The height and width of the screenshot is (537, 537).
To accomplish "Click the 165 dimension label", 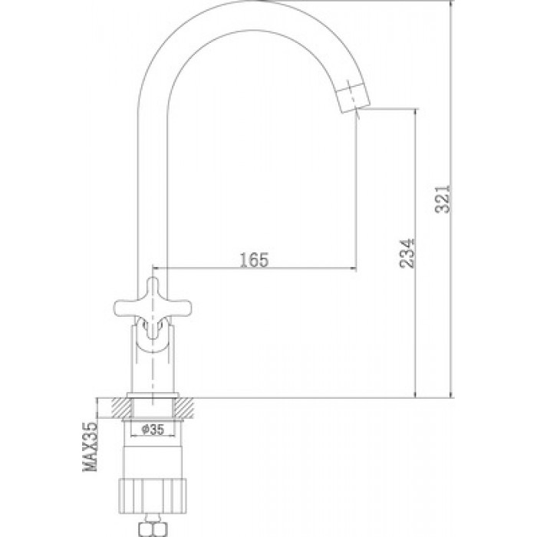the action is pos(254,259).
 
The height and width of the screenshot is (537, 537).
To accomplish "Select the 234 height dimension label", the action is pos(407,253).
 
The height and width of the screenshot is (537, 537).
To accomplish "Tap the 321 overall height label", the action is pos(443,199).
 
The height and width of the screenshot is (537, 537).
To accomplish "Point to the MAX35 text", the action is pos(91,446).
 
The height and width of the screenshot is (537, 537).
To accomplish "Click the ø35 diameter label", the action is pos(153,429).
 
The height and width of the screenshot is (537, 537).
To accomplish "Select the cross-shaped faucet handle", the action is pos(152,308).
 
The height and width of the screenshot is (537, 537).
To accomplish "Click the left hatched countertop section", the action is pos(121,408).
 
